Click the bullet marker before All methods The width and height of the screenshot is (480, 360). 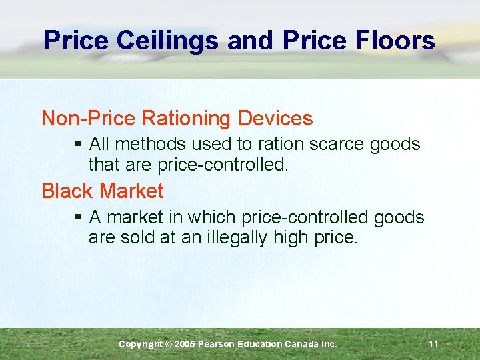[79, 144]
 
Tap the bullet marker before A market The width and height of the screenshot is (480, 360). [79, 217]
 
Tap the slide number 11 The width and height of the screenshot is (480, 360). [433, 344]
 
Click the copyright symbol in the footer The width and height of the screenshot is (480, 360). [169, 344]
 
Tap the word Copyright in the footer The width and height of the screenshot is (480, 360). [140, 344]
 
